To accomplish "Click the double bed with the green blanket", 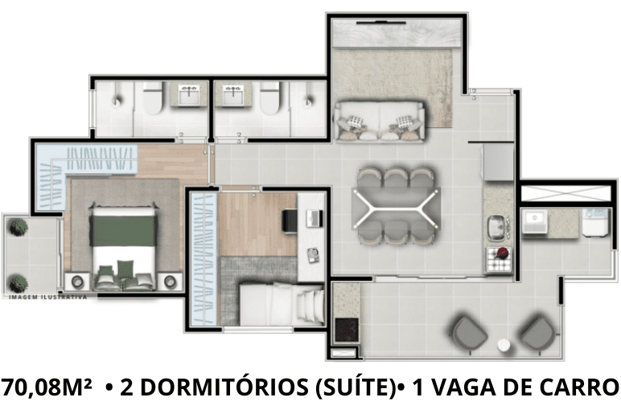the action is [123, 246].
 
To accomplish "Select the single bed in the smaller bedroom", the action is [282, 304].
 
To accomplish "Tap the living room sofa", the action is [380, 121].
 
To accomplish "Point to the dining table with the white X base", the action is [396, 208].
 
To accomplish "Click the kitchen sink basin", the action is [496, 227].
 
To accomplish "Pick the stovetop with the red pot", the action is [499, 259].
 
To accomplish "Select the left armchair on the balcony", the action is [469, 334].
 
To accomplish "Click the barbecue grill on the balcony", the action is [347, 329].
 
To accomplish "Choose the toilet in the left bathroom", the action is [153, 98].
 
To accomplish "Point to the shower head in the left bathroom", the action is [116, 101].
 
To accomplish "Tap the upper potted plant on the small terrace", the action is [19, 227].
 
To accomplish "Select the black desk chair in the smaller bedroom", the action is [289, 221].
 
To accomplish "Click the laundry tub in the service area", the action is [535, 221].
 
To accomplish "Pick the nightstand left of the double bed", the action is [78, 282].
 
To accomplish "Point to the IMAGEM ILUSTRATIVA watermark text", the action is [48, 297].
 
